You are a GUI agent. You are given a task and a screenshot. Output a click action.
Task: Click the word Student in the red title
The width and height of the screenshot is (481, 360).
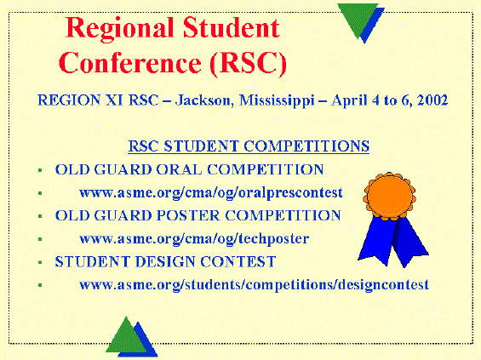click(x=232, y=27)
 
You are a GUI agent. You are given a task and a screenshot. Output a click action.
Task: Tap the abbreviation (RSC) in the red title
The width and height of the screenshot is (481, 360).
click(x=249, y=63)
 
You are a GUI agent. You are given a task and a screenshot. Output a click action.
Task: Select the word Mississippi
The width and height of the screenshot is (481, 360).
click(x=277, y=101)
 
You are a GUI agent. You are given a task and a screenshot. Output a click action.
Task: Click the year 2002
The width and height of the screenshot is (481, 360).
click(x=432, y=100)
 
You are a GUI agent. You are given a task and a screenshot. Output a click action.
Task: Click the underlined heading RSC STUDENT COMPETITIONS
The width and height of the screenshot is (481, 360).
click(x=249, y=146)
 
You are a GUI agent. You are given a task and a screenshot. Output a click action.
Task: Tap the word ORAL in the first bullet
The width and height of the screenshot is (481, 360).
click(x=179, y=169)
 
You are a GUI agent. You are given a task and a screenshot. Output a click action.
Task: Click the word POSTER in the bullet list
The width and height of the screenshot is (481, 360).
click(x=188, y=215)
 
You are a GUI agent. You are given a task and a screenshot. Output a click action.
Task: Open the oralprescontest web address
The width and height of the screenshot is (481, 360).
click(x=211, y=193)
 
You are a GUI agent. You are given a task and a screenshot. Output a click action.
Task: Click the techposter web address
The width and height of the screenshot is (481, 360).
click(x=194, y=239)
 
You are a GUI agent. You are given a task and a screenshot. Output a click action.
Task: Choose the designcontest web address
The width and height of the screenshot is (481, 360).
click(x=254, y=285)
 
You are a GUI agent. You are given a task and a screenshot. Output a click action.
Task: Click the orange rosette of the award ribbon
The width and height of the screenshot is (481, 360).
click(x=390, y=197)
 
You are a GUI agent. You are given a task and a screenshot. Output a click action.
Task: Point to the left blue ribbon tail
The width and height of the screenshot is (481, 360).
click(x=378, y=239)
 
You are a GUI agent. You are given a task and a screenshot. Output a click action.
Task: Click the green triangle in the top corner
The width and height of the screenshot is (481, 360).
click(x=358, y=19)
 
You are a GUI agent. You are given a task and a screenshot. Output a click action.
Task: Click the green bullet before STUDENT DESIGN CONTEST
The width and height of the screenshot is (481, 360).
click(x=40, y=262)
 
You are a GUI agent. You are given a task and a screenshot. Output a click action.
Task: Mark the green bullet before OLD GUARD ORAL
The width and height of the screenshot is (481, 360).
click(x=40, y=170)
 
